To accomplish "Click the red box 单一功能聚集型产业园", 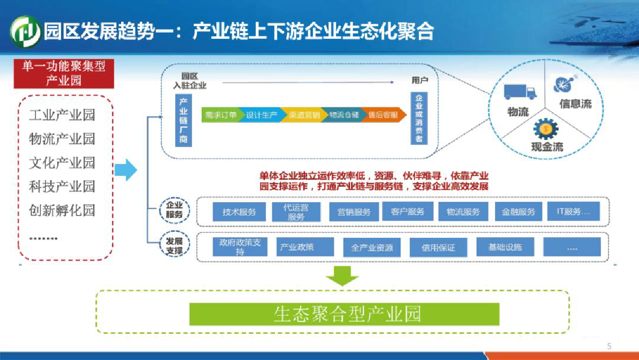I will (x=64, y=73).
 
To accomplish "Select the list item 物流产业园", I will (x=62, y=139).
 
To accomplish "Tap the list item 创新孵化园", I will (x=62, y=210).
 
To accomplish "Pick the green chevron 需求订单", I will (x=221, y=115).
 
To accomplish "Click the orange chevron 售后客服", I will (x=384, y=115).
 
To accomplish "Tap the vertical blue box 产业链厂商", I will (x=183, y=120).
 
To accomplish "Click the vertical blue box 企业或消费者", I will (x=419, y=118).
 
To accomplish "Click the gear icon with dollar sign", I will (x=546, y=128).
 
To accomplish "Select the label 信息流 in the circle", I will (x=575, y=104).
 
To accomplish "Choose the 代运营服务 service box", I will (x=296, y=212).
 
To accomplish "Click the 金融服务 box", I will (x=518, y=212).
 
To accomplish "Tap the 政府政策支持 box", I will (x=240, y=247).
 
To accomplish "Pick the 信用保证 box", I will (x=438, y=247).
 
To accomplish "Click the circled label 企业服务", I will (x=174, y=210).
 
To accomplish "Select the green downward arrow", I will (x=342, y=275).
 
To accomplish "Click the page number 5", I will (x=609, y=346).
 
